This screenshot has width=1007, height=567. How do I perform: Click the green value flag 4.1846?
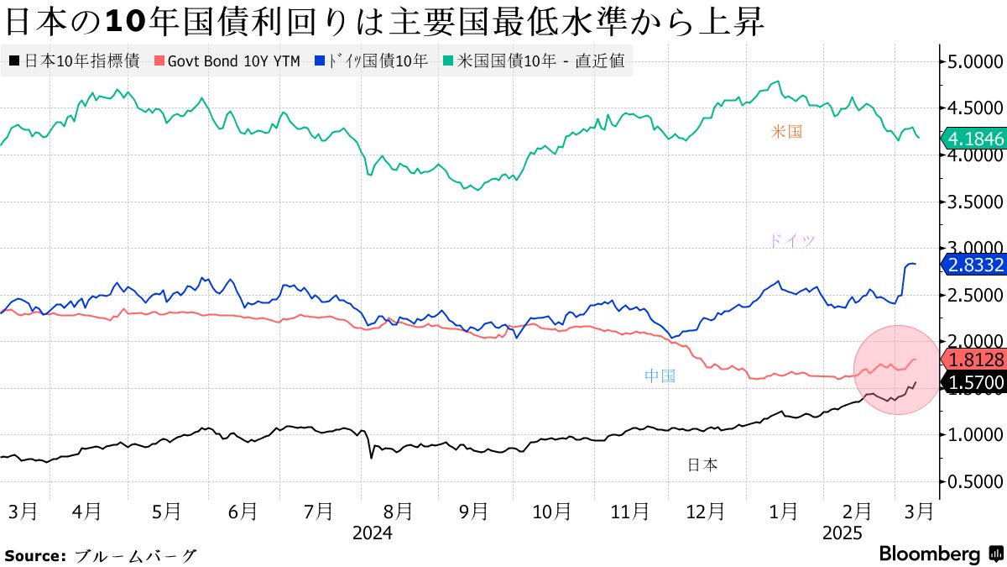pyautogui.click(x=973, y=139)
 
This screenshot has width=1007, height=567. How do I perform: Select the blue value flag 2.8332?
pyautogui.click(x=973, y=265)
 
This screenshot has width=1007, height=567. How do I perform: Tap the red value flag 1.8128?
pyautogui.click(x=973, y=360)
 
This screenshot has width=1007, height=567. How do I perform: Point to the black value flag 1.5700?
pyautogui.click(x=973, y=384)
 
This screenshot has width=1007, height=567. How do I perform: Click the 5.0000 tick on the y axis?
pyautogui.click(x=976, y=61)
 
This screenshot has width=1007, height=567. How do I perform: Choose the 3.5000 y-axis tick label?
pyautogui.click(x=976, y=202)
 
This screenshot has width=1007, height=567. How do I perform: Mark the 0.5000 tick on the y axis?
pyautogui.click(x=976, y=482)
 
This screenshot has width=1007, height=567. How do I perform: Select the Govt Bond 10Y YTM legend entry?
pyautogui.click(x=228, y=61)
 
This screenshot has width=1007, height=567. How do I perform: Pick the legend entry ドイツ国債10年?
pyautogui.click(x=372, y=61)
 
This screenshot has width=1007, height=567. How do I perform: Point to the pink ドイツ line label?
pyautogui.click(x=791, y=241)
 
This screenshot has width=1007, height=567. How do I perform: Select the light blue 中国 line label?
pyautogui.click(x=660, y=376)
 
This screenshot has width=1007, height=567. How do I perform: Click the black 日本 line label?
pyautogui.click(x=702, y=465)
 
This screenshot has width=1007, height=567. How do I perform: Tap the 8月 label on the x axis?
pyautogui.click(x=397, y=511)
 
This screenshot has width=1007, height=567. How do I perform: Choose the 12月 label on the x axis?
pyautogui.click(x=705, y=511)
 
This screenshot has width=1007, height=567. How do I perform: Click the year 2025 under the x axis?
pyautogui.click(x=842, y=533)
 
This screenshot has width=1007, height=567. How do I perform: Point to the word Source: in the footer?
pyautogui.click(x=35, y=556)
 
